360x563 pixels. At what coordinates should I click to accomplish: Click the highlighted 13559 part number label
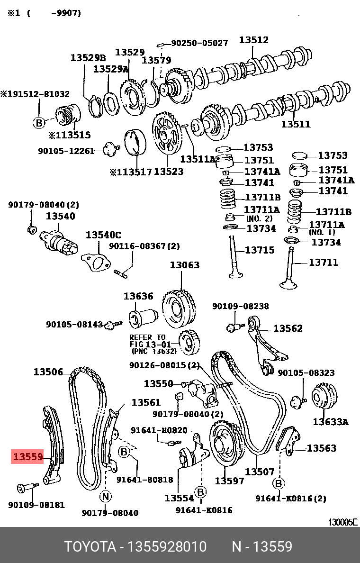point(28,457)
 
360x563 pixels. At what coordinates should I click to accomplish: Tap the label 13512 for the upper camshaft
point(253,40)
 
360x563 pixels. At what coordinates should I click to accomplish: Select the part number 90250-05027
point(199,43)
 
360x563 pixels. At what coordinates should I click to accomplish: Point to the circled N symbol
point(105,497)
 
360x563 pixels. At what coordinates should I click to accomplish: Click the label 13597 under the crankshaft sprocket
point(229,481)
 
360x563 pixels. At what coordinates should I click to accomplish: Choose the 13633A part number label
point(330,421)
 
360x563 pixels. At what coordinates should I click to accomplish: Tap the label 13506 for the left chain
point(48,372)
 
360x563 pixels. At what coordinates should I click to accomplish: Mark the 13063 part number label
point(185,265)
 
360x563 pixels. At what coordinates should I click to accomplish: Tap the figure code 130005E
point(343,522)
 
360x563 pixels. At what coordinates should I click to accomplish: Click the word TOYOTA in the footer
point(90,547)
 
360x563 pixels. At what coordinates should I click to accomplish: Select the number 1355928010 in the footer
point(168,547)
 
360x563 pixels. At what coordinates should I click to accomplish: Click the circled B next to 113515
point(39,123)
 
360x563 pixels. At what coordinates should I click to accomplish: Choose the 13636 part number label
point(138,296)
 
